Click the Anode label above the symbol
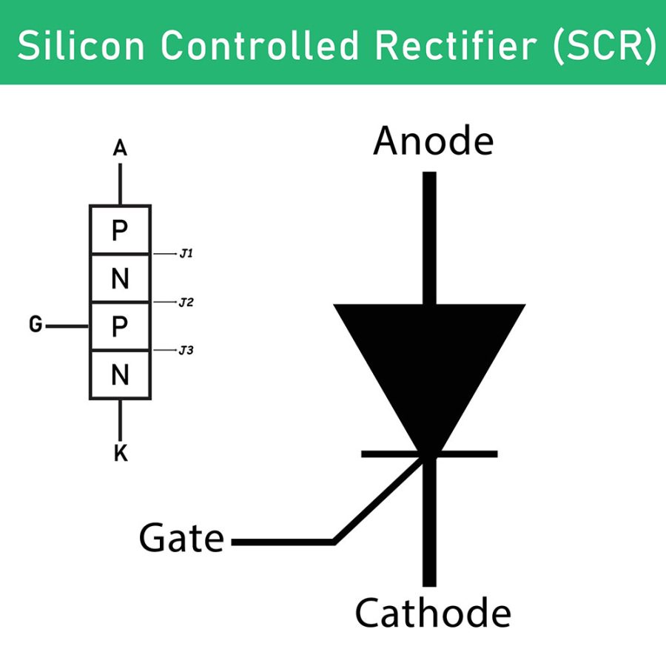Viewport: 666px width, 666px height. pos(433,141)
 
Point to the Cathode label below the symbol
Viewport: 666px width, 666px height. pos(433,613)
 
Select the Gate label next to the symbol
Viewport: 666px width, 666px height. pos(181,539)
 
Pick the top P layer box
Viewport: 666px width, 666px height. pos(120,231)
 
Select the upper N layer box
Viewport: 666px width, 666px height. pos(120,279)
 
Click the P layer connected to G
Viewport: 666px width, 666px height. pos(120,326)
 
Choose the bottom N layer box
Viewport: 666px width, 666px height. pos(120,375)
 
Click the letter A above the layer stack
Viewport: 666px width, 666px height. pos(120,149)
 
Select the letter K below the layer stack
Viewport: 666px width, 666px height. pos(121,454)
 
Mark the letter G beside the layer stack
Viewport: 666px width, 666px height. pos(35,324)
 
